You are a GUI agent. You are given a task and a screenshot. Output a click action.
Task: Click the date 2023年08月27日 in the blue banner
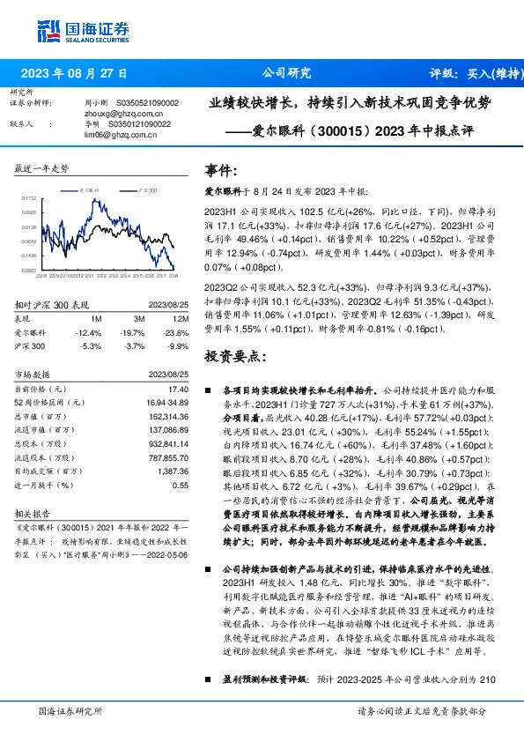click(x=73, y=73)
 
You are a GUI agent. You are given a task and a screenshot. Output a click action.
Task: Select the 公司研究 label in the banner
click(x=287, y=73)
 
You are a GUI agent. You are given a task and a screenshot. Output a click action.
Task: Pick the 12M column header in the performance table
click(x=181, y=318)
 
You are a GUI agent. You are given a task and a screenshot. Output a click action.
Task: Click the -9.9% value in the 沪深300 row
click(x=179, y=346)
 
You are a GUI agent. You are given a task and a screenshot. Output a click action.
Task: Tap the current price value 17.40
click(x=179, y=389)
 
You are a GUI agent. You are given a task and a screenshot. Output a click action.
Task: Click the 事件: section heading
click(x=221, y=171)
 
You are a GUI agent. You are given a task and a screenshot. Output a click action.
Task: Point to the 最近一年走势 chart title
click(x=43, y=167)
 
